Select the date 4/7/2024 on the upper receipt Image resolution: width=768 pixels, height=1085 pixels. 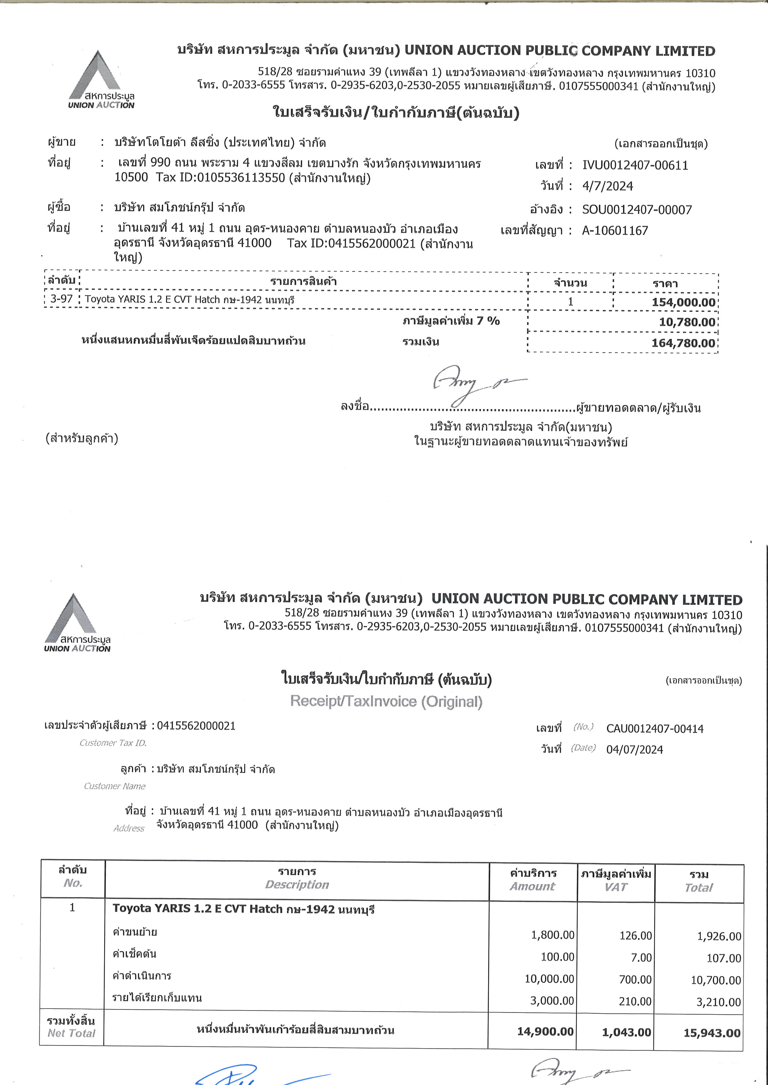click(607, 186)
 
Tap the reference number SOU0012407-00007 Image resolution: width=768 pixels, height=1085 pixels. click(636, 210)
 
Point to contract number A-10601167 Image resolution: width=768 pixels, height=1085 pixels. click(615, 230)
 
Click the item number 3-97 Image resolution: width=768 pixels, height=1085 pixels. click(62, 299)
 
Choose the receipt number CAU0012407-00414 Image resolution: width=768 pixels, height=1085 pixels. click(654, 729)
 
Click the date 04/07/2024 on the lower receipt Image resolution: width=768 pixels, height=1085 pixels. click(634, 750)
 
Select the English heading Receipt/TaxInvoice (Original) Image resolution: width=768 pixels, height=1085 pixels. click(386, 701)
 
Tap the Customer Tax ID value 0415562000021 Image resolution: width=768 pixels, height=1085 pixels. click(196, 726)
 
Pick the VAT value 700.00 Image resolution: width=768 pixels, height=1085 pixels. click(635, 980)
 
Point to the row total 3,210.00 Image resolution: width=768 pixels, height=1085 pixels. click(718, 1002)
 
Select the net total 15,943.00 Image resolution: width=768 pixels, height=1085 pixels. click(712, 1033)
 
